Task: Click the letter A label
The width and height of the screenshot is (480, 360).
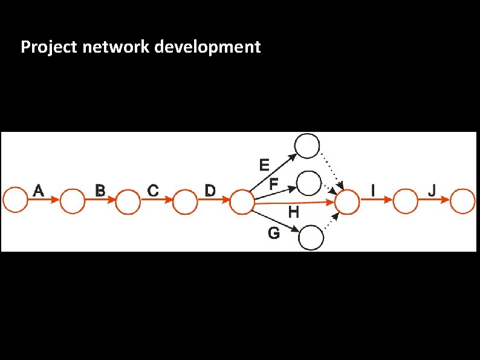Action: (38, 190)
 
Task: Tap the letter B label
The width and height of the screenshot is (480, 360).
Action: (100, 190)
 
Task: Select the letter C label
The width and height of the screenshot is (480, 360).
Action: (153, 190)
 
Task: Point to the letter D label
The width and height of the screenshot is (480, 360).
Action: (209, 190)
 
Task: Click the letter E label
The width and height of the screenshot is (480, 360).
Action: (264, 165)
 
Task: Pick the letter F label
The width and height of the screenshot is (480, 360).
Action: (273, 183)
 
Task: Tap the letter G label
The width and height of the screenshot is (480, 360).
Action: (274, 233)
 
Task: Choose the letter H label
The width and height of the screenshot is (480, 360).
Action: (293, 212)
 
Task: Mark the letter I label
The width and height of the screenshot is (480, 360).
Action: (372, 190)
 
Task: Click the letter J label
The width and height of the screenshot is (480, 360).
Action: (432, 190)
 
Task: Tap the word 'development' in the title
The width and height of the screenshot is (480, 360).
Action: (208, 47)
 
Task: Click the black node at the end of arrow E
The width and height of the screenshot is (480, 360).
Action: (306, 145)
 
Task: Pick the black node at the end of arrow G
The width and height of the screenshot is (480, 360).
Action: (311, 237)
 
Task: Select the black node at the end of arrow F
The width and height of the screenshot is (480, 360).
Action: (309, 182)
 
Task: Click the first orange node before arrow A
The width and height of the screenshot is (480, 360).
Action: (15, 200)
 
